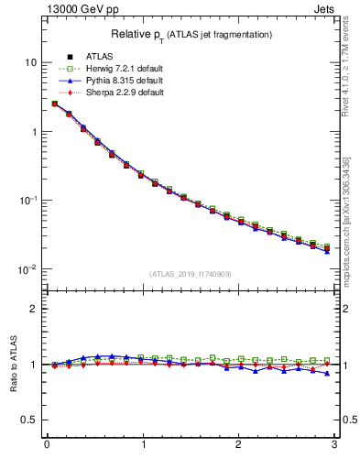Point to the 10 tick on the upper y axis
(x=30, y=62)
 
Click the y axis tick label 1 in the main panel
(x=33, y=131)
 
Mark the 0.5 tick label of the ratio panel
(x=29, y=420)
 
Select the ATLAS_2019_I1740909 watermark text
(x=190, y=273)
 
